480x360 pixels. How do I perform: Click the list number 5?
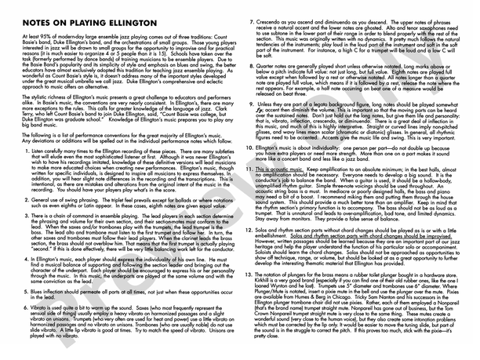(26, 289)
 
